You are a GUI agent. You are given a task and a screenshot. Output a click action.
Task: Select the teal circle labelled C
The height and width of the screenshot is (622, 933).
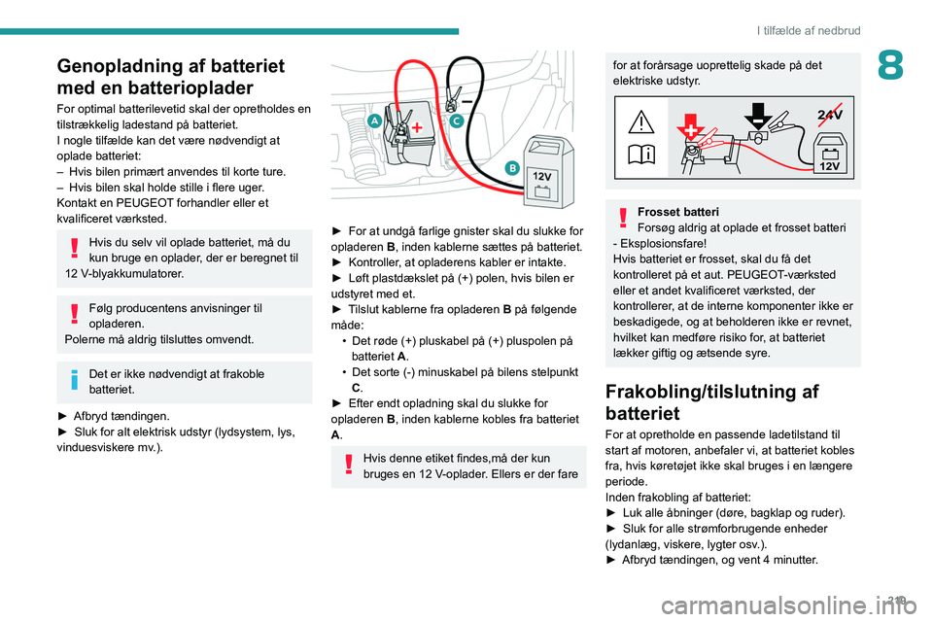[x=456, y=120]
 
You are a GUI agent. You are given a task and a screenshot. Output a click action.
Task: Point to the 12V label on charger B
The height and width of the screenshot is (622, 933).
[x=542, y=175]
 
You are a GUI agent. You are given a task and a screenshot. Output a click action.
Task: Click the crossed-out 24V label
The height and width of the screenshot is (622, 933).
[x=830, y=115]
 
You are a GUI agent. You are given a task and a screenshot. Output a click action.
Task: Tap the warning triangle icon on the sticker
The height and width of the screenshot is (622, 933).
[x=642, y=121]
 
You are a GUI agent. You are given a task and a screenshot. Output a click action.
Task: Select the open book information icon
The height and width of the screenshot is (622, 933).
[x=642, y=154]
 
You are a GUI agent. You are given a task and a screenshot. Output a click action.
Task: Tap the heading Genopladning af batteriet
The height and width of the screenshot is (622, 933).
[x=170, y=77]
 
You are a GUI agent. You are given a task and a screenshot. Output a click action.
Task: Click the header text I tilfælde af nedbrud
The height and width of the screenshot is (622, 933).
[x=808, y=30]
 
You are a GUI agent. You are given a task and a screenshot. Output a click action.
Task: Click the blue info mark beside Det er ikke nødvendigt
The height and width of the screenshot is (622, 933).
[x=73, y=379]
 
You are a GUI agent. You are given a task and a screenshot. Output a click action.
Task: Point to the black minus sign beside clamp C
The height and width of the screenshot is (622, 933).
[x=467, y=99]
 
